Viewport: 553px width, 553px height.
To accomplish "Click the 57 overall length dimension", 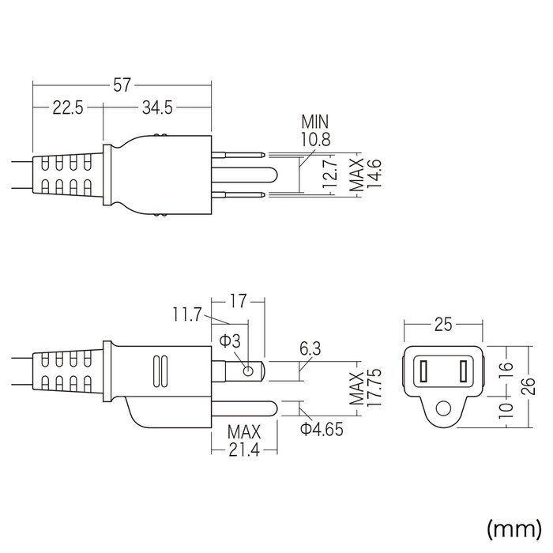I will click(122, 85).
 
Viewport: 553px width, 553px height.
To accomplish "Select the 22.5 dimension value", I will click(67, 108).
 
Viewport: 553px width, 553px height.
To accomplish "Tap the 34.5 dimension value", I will click(158, 108).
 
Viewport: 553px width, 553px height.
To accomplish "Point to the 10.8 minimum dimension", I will click(315, 139).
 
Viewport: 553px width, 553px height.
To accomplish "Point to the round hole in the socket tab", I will click(445, 409).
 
